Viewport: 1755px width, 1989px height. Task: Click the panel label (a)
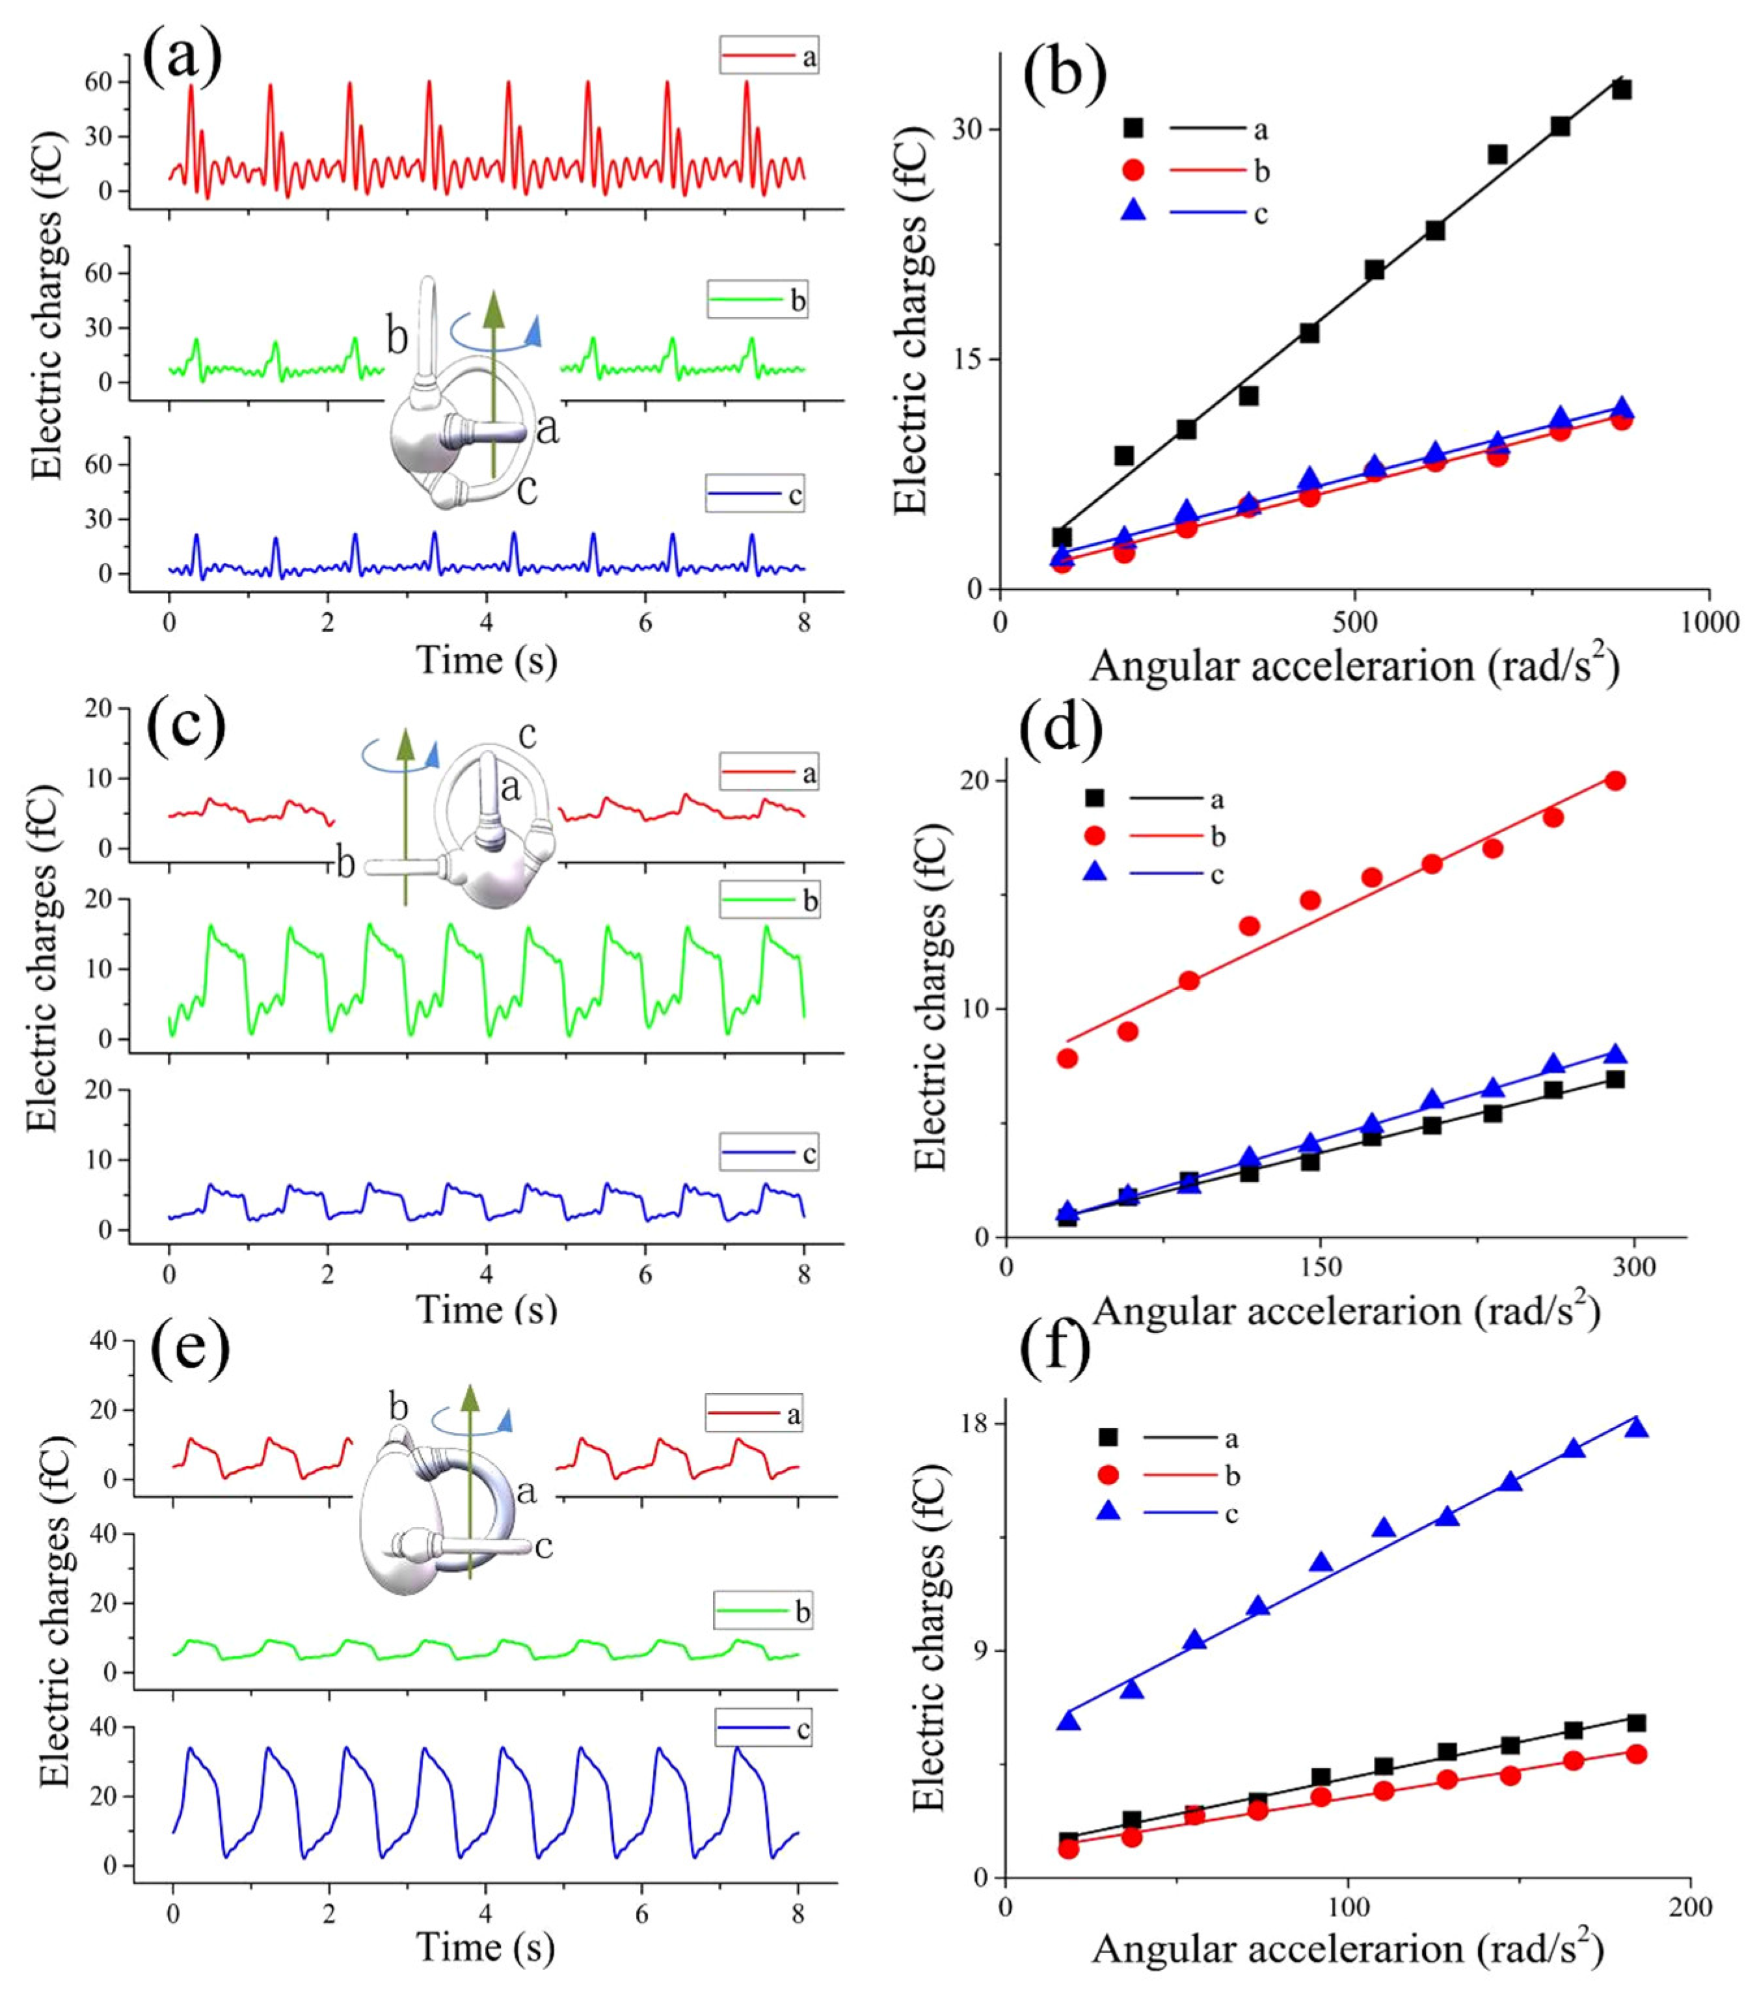coord(182,57)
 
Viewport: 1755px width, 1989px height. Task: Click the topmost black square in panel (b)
coord(1621,90)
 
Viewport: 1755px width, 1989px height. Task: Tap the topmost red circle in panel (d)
coord(1615,780)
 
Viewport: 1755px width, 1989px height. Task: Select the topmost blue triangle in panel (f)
coord(1637,1427)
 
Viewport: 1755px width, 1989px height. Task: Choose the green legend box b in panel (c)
coord(768,900)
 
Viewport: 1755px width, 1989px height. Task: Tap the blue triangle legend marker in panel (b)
coord(1133,210)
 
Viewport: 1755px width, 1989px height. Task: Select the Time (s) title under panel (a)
coord(487,661)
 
